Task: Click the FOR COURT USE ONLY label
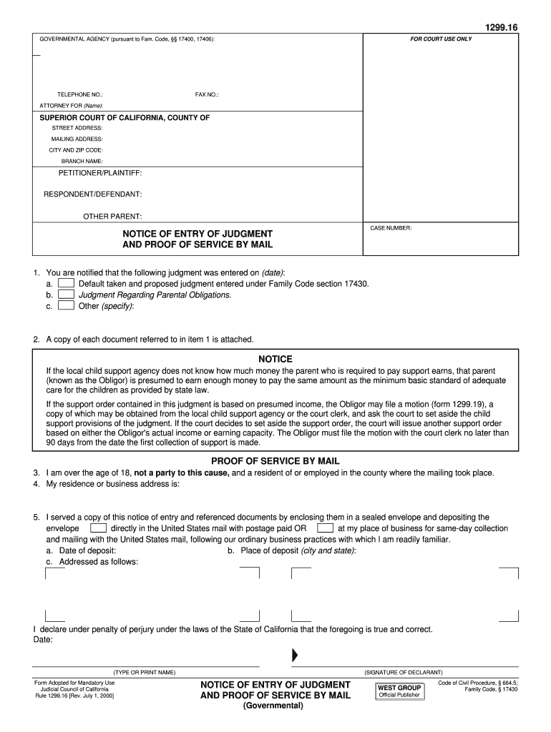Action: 440,39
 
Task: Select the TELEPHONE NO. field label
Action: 80,94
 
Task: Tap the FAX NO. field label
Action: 207,94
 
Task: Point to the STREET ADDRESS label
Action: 77,128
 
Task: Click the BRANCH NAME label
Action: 82,162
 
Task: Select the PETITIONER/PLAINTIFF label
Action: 100,174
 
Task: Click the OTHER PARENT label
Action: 112,216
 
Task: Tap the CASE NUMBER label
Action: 391,228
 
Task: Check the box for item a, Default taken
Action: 66,284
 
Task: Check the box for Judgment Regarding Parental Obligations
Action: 66,295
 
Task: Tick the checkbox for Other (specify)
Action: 66,306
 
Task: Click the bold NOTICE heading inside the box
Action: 275,359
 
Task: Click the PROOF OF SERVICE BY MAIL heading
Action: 275,461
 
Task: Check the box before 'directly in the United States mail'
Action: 99,528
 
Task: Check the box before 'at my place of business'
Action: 326,528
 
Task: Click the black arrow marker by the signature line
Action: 294,656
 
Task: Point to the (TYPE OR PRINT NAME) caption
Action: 144,673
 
